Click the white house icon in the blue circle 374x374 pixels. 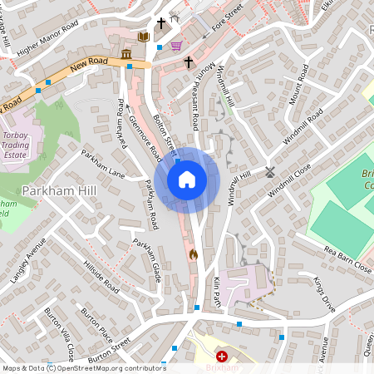187,180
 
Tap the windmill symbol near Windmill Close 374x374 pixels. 269,173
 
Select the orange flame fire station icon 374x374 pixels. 194,254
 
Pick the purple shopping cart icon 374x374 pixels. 175,47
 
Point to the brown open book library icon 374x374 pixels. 143,37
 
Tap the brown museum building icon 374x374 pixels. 125,55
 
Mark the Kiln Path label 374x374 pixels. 217,292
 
